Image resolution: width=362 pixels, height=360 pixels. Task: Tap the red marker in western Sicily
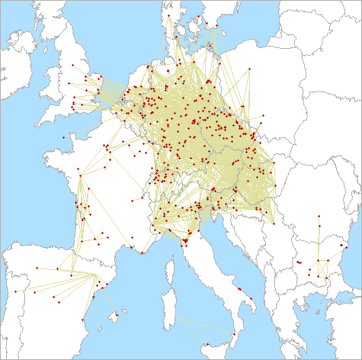(x=207, y=345)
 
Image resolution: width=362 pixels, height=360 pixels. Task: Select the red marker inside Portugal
(x=15, y=291)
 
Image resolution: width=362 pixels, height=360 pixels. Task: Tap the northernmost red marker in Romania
(x=319, y=215)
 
